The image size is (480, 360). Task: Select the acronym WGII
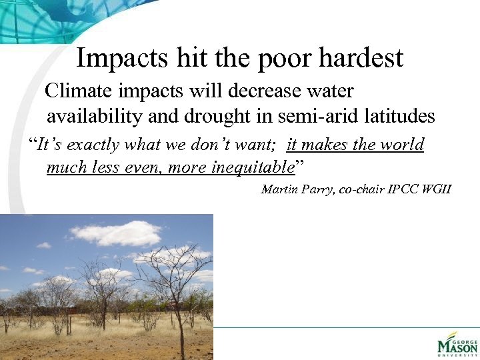pos(436,189)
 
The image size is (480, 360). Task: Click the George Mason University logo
pos(457,345)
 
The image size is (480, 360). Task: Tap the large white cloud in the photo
pos(116,233)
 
